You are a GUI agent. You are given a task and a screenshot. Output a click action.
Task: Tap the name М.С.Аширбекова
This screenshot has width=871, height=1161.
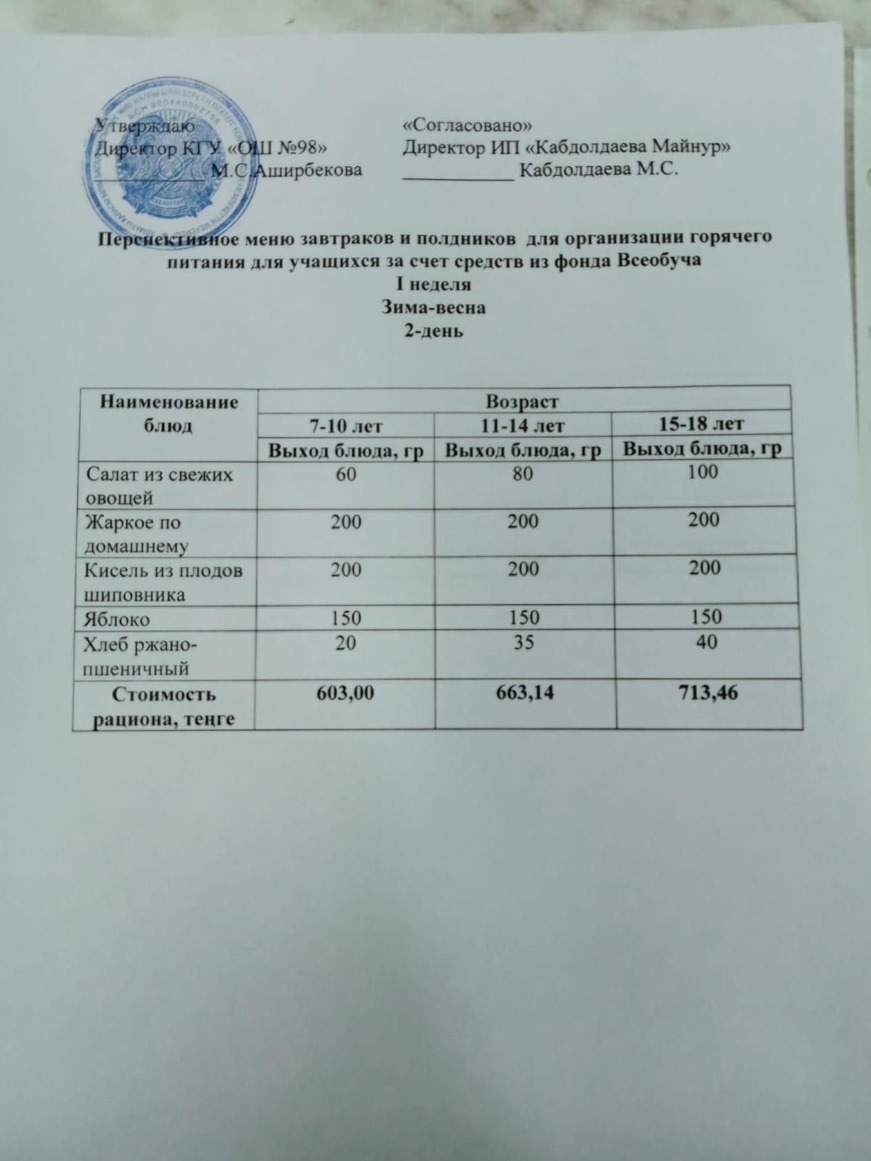[285, 171]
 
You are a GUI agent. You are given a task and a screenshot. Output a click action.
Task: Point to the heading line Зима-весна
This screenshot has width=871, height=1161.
[433, 307]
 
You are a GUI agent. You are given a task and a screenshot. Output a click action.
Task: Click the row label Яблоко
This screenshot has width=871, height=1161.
[118, 619]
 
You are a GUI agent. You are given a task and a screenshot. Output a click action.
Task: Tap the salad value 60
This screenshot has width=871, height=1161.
[345, 474]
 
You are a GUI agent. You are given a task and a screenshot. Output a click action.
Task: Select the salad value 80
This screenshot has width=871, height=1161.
[523, 473]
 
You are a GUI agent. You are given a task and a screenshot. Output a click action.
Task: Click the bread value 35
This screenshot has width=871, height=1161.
[523, 642]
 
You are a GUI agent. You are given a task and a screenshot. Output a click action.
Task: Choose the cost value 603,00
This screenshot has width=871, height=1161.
[345, 693]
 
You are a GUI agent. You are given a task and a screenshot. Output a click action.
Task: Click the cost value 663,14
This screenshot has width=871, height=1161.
[523, 693]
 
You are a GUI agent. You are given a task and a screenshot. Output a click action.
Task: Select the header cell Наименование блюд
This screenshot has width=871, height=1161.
[168, 414]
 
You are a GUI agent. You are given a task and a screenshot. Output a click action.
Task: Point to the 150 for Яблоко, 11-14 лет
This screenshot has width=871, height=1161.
[523, 618]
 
